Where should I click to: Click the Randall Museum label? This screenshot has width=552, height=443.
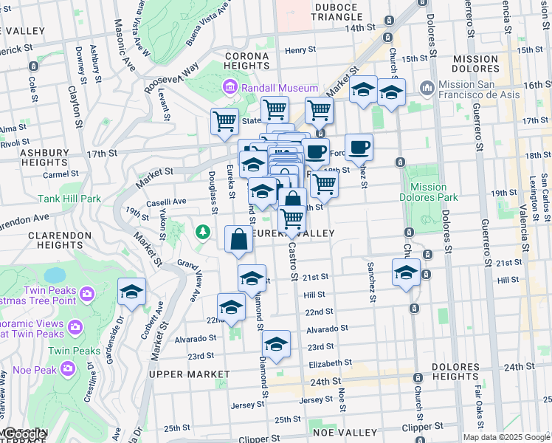pos(277,89)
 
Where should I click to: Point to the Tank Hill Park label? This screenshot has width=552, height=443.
pos(69,199)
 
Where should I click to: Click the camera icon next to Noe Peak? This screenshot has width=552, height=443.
pos(68,367)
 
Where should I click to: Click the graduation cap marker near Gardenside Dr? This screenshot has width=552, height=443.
pos(131,292)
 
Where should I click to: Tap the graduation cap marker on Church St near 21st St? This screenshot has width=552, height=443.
pos(406,272)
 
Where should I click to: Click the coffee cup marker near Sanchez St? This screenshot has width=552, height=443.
pos(359,148)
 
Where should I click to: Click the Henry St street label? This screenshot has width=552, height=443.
pos(300,50)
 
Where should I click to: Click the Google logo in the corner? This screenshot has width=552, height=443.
pos(24,435)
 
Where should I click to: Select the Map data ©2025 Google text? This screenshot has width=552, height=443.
pos(506,437)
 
